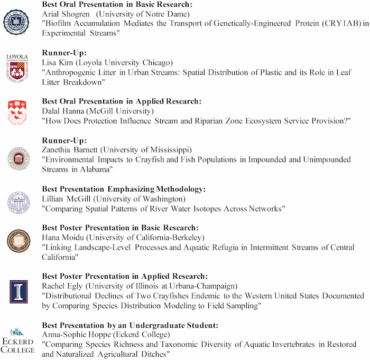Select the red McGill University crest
coord(17,111)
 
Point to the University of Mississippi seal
coord(17,158)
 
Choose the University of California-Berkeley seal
coord(17,241)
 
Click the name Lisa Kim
coord(57,62)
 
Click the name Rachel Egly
coord(61,286)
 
